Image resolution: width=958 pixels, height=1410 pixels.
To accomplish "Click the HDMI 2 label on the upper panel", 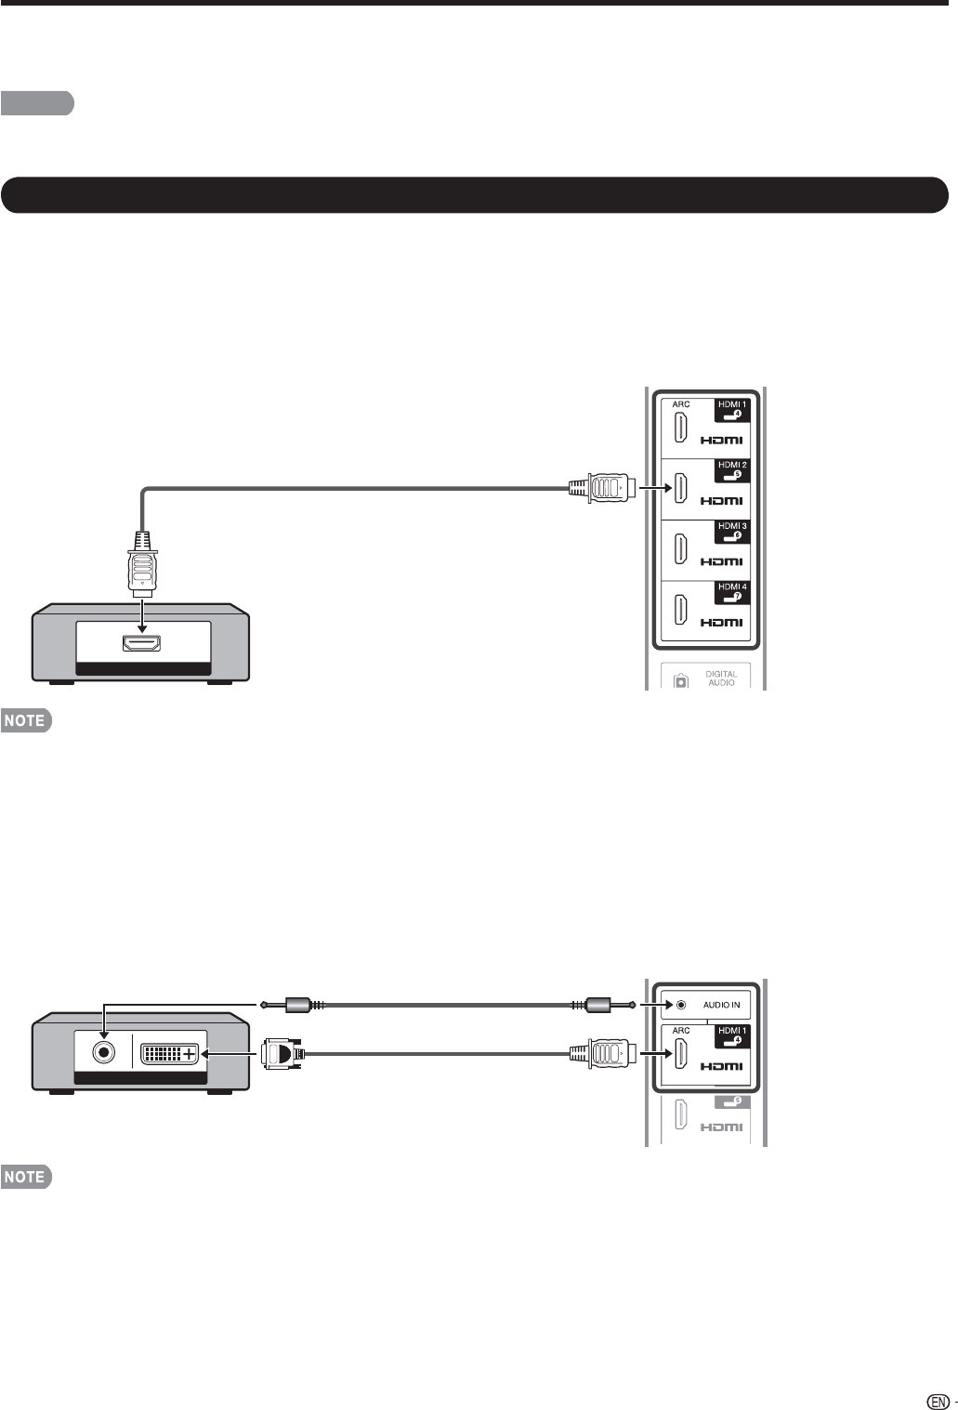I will coord(732,465).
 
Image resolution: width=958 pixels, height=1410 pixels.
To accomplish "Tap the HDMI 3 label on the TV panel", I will coord(732,526).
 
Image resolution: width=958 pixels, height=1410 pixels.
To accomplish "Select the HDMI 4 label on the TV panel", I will coord(732,586).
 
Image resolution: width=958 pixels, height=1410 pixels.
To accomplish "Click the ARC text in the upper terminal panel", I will coord(680,404).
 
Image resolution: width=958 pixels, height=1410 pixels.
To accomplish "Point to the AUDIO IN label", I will coord(721,1005).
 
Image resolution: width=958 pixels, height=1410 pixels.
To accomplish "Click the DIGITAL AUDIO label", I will coord(721,678).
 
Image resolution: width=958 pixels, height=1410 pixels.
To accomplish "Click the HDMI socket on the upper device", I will coord(143,642).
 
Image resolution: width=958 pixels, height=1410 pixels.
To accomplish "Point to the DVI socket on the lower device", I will coord(169,1054).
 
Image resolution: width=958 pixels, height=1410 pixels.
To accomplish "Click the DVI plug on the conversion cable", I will coord(280,1053).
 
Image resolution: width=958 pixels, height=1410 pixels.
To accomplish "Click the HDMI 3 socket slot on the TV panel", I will coord(681,548).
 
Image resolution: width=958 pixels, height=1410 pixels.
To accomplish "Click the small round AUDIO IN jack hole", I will coord(681,1005).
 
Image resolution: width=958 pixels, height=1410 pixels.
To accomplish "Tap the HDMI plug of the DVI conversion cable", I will coord(603,1053).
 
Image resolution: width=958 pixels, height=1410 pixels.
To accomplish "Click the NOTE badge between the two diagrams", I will coord(26,720).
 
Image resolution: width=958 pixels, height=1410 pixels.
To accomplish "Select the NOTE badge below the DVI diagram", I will coord(26,1177).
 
